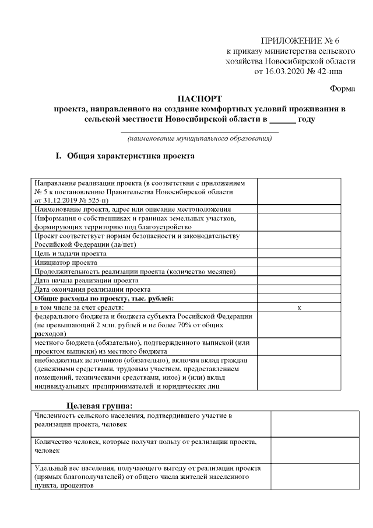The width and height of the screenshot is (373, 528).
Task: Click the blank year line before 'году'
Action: pos(283,120)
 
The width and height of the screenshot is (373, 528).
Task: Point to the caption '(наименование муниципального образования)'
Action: pos(200,138)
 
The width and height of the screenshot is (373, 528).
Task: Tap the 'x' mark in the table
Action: pos(299,307)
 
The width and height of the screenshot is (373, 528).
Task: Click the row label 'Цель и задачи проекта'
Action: pos(71,254)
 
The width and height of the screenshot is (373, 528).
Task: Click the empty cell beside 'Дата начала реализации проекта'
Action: pos(298,280)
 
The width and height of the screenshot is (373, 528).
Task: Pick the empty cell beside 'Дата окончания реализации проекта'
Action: pos(298,289)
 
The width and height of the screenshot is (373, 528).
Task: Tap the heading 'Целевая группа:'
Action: pos(99,405)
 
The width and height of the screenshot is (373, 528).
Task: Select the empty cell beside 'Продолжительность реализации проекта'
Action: pos(298,271)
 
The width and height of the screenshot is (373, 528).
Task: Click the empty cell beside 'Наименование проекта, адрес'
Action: pos(298,208)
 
